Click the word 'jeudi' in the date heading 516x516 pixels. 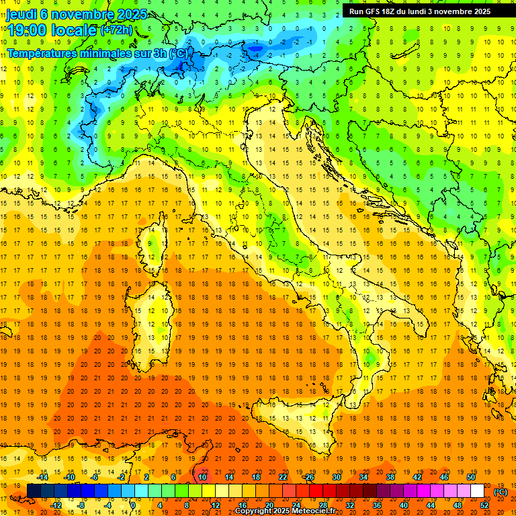[x=22, y=14]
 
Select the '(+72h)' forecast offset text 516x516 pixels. [x=116, y=30]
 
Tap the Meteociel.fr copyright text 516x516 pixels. [x=290, y=511]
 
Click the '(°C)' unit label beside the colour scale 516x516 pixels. [x=501, y=492]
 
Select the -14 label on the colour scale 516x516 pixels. [x=43, y=477]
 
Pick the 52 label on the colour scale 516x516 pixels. [x=484, y=505]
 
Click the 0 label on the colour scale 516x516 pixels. [x=133, y=505]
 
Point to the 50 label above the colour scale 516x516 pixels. [x=471, y=477]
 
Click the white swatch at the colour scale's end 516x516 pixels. [x=478, y=491]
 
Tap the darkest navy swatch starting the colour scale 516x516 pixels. [x=33, y=491]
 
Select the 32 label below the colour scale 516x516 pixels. [x=349, y=505]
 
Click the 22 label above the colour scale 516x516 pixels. [x=283, y=477]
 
